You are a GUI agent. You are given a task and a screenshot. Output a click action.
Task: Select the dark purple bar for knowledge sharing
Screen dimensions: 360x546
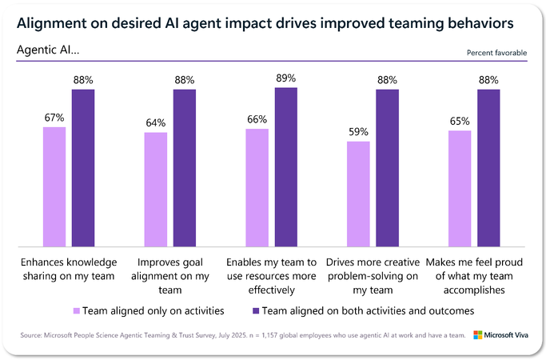83,167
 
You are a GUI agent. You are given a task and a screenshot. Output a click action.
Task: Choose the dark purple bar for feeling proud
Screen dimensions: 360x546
488,167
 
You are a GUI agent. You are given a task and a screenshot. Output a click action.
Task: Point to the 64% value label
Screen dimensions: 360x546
156,123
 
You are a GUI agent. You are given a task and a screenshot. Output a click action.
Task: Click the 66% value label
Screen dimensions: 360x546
257,119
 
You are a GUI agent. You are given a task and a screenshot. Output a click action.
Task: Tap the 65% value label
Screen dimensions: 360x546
460,121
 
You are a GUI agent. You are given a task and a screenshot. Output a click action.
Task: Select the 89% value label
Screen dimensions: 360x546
286,78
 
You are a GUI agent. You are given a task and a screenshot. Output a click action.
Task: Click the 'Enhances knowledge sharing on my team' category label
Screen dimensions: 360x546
68,269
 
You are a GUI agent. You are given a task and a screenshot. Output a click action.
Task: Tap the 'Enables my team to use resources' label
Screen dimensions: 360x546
272,269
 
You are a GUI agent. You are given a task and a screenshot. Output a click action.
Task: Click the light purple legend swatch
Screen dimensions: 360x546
77,310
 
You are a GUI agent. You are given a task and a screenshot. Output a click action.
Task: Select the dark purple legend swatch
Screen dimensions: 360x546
254,310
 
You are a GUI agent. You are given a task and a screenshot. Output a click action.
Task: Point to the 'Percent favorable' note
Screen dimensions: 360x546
496,53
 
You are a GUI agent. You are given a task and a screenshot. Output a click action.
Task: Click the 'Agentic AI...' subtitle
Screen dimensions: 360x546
48,50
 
